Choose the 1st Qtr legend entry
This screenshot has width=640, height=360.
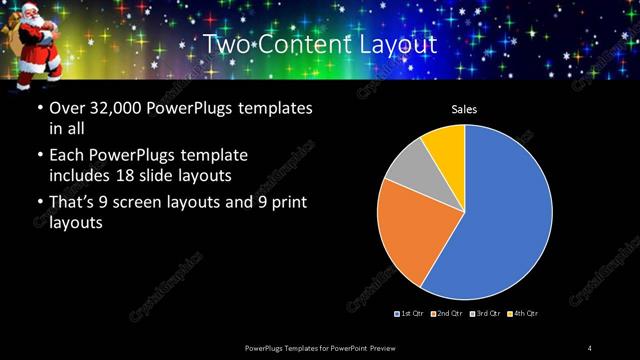point(410,314)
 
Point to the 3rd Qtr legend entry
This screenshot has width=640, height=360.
point(484,314)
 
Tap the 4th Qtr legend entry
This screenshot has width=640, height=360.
point(522,314)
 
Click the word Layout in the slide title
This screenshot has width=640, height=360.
point(396,45)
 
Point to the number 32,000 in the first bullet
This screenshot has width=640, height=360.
point(114,108)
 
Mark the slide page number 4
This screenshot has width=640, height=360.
point(591,347)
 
